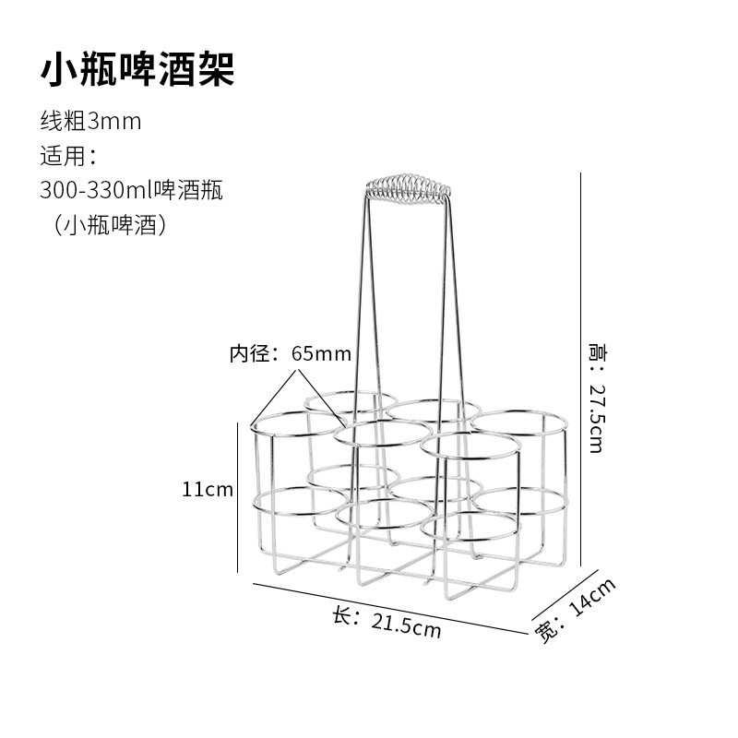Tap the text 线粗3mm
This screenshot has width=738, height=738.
90,121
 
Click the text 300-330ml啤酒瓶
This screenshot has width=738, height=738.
131,190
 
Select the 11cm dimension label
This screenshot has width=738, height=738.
208,489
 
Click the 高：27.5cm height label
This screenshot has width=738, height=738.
595,397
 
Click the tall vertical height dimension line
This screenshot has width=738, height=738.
579,369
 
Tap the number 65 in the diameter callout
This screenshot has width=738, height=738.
303,353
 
